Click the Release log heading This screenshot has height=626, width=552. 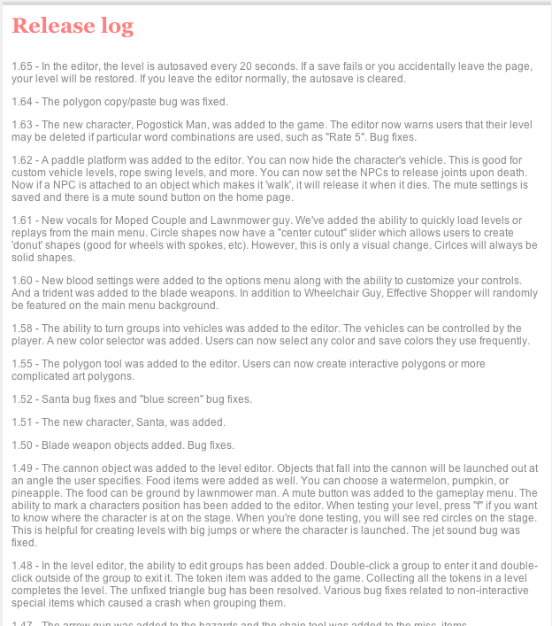[x=73, y=27]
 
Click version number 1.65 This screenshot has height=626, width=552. [x=22, y=66]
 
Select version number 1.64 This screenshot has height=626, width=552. [x=22, y=102]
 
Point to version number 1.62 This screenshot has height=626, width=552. [x=22, y=160]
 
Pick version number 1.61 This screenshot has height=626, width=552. [x=22, y=220]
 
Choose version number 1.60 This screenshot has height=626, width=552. [x=22, y=281]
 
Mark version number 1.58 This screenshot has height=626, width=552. [x=22, y=328]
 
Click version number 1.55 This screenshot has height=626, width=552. [x=22, y=364]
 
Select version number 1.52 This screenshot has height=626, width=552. [x=22, y=398]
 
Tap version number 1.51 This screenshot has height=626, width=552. [x=22, y=421]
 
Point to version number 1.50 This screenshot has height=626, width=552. [x=22, y=444]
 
